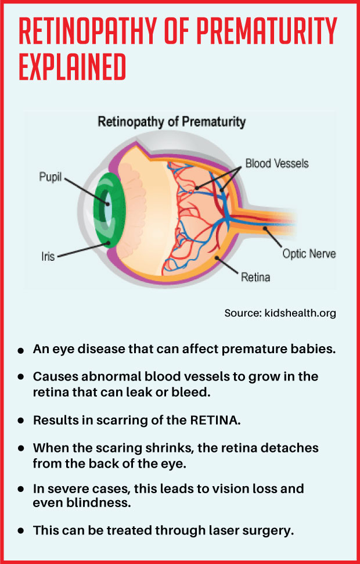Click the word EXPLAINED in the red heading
pyautogui.click(x=73, y=68)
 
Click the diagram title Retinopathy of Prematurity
pyautogui.click(x=171, y=123)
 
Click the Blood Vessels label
pyautogui.click(x=277, y=163)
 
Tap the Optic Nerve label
pyautogui.click(x=309, y=254)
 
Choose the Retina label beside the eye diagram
pyautogui.click(x=255, y=277)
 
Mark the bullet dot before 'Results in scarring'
pyautogui.click(x=21, y=420)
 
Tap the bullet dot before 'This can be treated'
pyautogui.click(x=21, y=530)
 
